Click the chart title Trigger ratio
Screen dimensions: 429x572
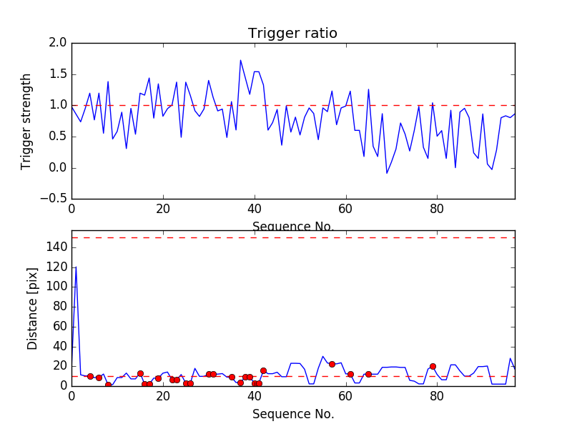292,34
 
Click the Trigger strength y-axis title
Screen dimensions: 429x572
26,121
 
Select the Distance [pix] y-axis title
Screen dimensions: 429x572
32,315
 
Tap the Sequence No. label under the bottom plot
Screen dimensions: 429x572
293,414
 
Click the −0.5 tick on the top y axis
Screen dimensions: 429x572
54,199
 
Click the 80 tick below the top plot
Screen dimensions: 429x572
437,209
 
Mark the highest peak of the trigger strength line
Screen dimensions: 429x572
240,60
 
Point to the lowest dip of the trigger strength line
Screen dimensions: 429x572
387,173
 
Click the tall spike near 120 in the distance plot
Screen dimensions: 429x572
76,267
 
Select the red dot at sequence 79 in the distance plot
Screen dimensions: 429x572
433,366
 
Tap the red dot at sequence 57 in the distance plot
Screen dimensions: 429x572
332,364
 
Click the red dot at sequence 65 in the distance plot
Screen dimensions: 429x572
368,374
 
